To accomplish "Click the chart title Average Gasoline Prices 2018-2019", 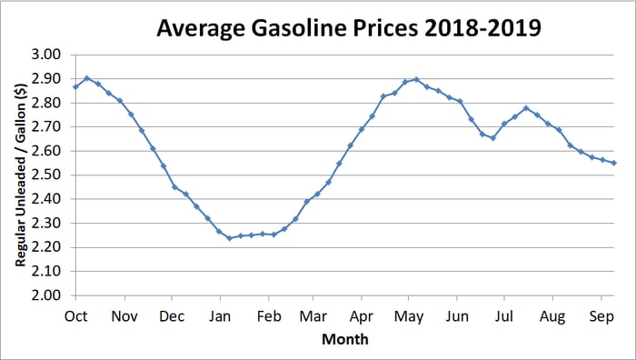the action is point(349,28).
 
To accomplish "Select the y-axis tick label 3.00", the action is point(46,55).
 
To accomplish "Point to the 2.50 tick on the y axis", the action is point(46,175).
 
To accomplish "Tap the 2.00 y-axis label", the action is point(46,295).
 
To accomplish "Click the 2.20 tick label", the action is point(46,247).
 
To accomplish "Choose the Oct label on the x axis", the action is point(75,316).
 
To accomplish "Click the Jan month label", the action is point(220,316).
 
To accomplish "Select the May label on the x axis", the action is point(409,317).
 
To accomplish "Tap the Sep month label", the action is point(601,317).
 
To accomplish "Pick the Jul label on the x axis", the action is point(503,316).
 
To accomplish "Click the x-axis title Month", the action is point(345,339).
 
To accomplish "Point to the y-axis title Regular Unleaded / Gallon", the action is point(21,175).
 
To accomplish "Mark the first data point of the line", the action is point(75,87).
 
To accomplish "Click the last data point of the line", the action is point(614,163).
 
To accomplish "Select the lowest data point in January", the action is point(230,238).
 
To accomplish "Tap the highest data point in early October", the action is point(87,78).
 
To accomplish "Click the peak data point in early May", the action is point(416,80).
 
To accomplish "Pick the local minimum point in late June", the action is point(493,138).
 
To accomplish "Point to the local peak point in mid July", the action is point(526,108).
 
